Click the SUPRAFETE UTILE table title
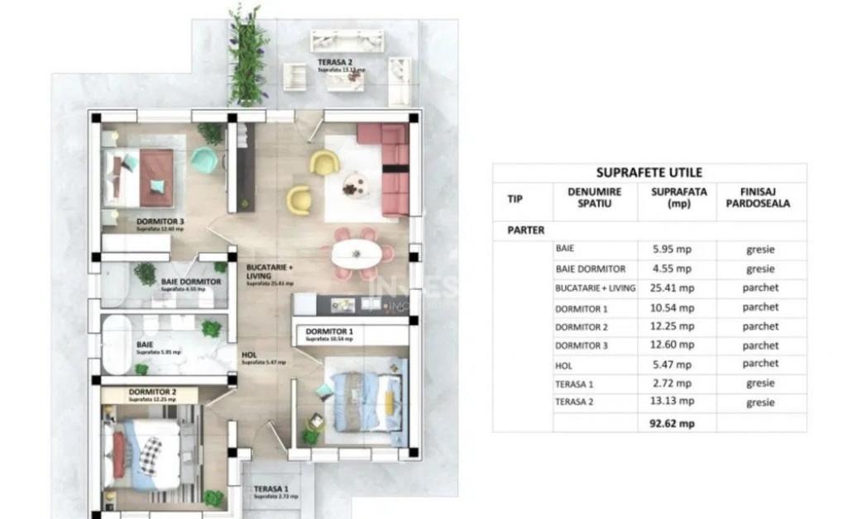[x=649, y=173]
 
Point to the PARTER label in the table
[x=525, y=231]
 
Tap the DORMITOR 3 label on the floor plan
[x=160, y=221]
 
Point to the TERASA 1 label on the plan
[x=270, y=488]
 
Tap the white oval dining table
[x=362, y=253]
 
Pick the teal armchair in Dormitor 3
[x=203, y=160]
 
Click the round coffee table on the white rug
[x=353, y=183]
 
